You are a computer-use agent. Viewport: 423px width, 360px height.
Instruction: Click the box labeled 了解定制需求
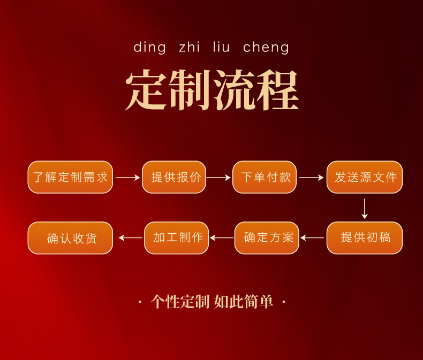coord(70,177)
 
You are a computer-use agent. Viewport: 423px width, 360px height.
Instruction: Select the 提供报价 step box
coord(174,177)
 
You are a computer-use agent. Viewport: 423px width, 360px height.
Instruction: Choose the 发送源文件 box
coord(365,177)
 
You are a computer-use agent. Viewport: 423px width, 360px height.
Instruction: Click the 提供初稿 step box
coord(365,238)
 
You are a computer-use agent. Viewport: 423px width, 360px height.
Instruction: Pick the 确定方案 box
coord(267,238)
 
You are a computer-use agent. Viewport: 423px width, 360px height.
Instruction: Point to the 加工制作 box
coord(177,238)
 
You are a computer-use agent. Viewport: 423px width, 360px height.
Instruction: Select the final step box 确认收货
coord(70,238)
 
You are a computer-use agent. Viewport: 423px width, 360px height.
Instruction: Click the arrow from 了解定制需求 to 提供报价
coord(127,178)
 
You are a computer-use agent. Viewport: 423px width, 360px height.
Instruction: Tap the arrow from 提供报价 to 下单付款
coord(218,178)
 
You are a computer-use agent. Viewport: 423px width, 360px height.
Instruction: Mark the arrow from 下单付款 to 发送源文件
coord(312,178)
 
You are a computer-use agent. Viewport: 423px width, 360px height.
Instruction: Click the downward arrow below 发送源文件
coord(365,209)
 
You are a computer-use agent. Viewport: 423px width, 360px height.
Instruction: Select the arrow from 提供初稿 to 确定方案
coord(312,238)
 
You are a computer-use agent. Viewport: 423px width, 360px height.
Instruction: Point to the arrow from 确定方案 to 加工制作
coord(222,238)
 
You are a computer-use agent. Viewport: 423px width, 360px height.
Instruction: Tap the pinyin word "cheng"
coord(266,48)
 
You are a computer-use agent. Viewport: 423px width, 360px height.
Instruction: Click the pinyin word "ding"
coord(149,48)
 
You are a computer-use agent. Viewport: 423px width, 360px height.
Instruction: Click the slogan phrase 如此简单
coord(244,302)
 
